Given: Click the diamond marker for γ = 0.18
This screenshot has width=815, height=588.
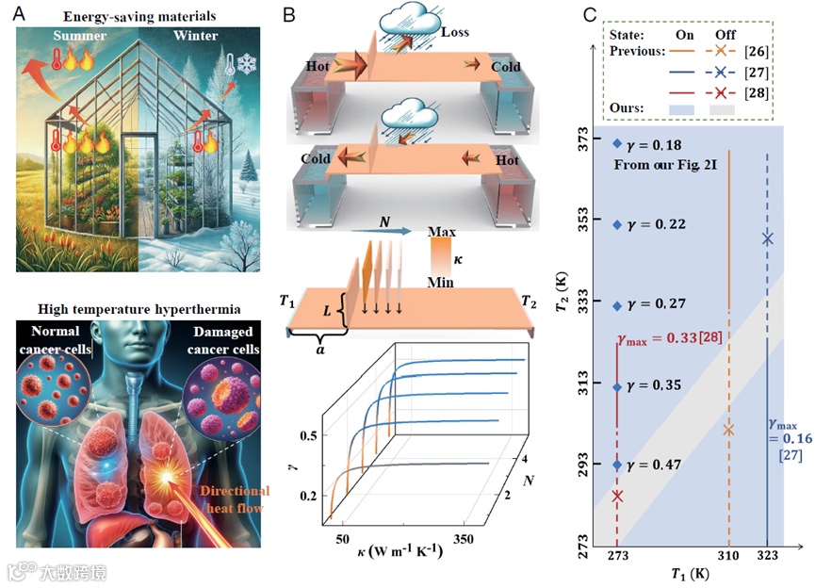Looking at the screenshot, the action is pyautogui.click(x=617, y=144).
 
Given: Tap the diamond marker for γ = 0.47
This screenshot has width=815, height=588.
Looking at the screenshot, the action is pyautogui.click(x=617, y=465).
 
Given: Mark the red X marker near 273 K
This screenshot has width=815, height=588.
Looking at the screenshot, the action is pyautogui.click(x=617, y=496).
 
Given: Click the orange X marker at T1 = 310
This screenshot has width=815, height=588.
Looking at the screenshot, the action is pyautogui.click(x=727, y=430).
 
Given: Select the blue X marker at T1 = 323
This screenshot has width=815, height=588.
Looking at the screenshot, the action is pyautogui.click(x=767, y=238).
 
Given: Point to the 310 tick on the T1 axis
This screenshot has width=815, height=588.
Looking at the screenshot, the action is pyautogui.click(x=727, y=556).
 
